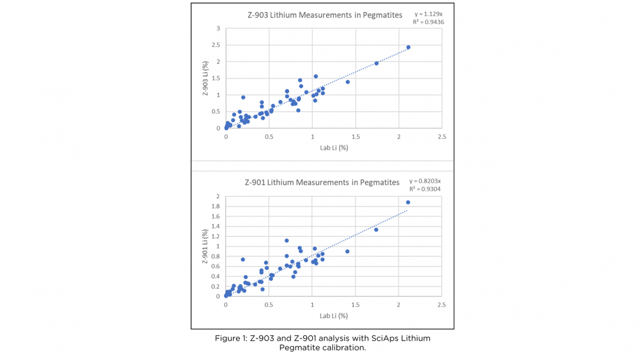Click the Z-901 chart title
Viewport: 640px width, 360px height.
[322, 183]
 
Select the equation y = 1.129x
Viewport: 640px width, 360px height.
[429, 14]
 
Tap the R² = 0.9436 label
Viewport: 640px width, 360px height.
[428, 22]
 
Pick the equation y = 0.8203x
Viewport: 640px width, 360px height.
[425, 181]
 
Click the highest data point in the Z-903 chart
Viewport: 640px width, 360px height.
[408, 47]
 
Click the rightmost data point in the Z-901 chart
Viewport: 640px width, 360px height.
[408, 202]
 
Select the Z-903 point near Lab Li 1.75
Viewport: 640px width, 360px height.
[376, 63]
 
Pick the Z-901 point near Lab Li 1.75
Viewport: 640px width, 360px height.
[376, 229]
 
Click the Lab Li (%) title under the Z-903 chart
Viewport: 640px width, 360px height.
[334, 148]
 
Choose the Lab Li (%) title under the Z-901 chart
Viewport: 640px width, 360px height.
[334, 316]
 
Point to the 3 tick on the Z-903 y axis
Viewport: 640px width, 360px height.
[219, 28]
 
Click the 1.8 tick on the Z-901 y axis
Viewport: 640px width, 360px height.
[217, 207]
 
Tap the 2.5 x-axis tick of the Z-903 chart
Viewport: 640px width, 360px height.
[442, 137]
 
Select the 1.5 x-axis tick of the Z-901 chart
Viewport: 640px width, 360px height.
[355, 305]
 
